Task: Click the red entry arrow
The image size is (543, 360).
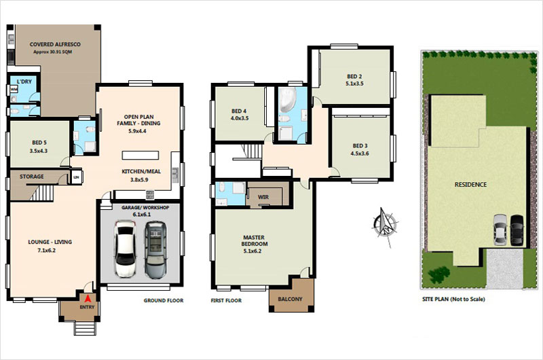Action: point(88,298)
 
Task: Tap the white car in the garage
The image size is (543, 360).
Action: point(125,248)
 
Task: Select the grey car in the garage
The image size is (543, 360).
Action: point(155,250)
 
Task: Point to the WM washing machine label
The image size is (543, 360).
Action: point(14,90)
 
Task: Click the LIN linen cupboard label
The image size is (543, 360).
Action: point(77,177)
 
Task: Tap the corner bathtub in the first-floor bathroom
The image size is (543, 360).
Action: point(288,100)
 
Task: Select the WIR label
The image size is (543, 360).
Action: point(263,197)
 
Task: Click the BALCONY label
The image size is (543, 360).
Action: point(291,299)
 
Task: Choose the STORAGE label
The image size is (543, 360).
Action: point(31,177)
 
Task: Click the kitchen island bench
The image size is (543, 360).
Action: point(141,156)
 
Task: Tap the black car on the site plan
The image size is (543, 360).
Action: point(517,230)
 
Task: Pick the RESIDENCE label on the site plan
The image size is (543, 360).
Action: point(470,185)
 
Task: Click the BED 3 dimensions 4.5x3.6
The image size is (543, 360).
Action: point(360,154)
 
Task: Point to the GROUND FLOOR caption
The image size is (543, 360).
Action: point(164,300)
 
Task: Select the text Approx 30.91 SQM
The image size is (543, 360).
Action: point(53,52)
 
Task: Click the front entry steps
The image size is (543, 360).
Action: point(85,329)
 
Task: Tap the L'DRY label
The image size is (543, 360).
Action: point(24,82)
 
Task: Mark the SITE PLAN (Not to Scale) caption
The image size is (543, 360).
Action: point(453,299)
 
